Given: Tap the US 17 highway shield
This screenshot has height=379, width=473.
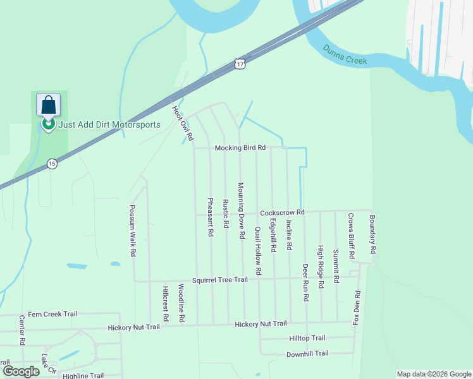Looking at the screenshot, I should [x=238, y=64].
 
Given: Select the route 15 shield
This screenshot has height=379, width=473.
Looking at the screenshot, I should [x=52, y=164].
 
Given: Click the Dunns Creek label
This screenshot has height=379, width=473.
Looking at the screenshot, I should [x=345, y=54].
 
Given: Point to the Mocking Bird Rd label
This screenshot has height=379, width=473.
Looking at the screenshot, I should [x=240, y=148].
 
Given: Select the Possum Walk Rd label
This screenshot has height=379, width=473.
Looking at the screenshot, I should [x=133, y=230].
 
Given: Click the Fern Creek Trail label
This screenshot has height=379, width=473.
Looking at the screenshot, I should [x=52, y=314].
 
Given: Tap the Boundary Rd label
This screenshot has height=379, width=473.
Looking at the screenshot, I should [x=372, y=234].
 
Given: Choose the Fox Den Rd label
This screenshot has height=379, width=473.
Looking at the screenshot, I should [x=357, y=308].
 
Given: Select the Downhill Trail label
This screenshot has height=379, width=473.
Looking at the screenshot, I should [x=307, y=354].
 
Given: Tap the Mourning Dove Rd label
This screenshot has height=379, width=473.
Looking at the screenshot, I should [x=241, y=210].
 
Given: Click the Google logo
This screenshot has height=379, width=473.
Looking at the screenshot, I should [x=21, y=371].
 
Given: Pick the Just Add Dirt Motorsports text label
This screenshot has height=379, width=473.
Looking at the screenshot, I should [x=109, y=124].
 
